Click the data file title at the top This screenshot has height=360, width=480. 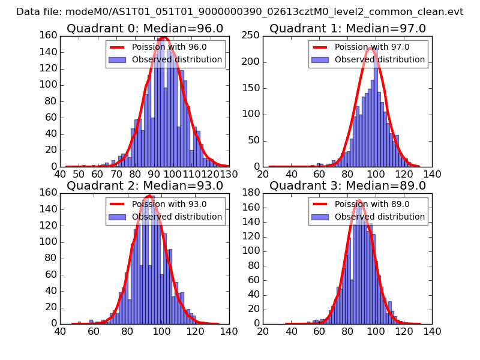(240, 12)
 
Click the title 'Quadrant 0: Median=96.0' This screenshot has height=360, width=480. (145, 29)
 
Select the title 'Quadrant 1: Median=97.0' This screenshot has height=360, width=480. (347, 29)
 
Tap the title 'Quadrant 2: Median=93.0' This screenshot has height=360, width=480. (145, 185)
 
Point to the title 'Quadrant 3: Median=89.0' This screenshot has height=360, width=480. (347, 185)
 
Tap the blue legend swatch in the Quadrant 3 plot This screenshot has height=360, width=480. (320, 217)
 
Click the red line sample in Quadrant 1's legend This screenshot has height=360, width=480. (320, 47)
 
